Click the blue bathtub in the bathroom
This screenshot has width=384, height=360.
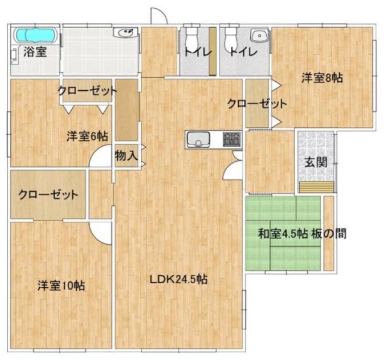pyautogui.click(x=35, y=35)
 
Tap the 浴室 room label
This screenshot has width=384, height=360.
pyautogui.click(x=35, y=52)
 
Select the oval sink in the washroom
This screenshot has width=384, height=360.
pyautogui.click(x=125, y=33)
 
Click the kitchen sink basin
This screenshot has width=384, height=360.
pyautogui.click(x=198, y=139)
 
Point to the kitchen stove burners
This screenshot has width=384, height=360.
pyautogui.click(x=232, y=139)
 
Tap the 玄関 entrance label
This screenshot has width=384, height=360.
pyautogui.click(x=316, y=162)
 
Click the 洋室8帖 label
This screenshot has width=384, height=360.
pyautogui.click(x=322, y=78)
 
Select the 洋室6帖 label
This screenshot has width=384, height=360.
pyautogui.click(x=87, y=136)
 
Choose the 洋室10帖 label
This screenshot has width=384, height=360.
pyautogui.click(x=61, y=285)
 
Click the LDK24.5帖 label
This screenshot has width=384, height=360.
pyautogui.click(x=179, y=279)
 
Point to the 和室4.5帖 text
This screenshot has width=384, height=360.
pyautogui.click(x=283, y=234)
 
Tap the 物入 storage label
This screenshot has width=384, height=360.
pyautogui.click(x=126, y=155)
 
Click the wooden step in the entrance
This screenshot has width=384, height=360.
pyautogui.click(x=317, y=187)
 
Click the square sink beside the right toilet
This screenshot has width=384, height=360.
pyautogui.click(x=259, y=36)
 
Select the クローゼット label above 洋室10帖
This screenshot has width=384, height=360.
pyautogui.click(x=48, y=194)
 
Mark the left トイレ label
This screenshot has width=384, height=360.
pyautogui.click(x=197, y=52)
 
